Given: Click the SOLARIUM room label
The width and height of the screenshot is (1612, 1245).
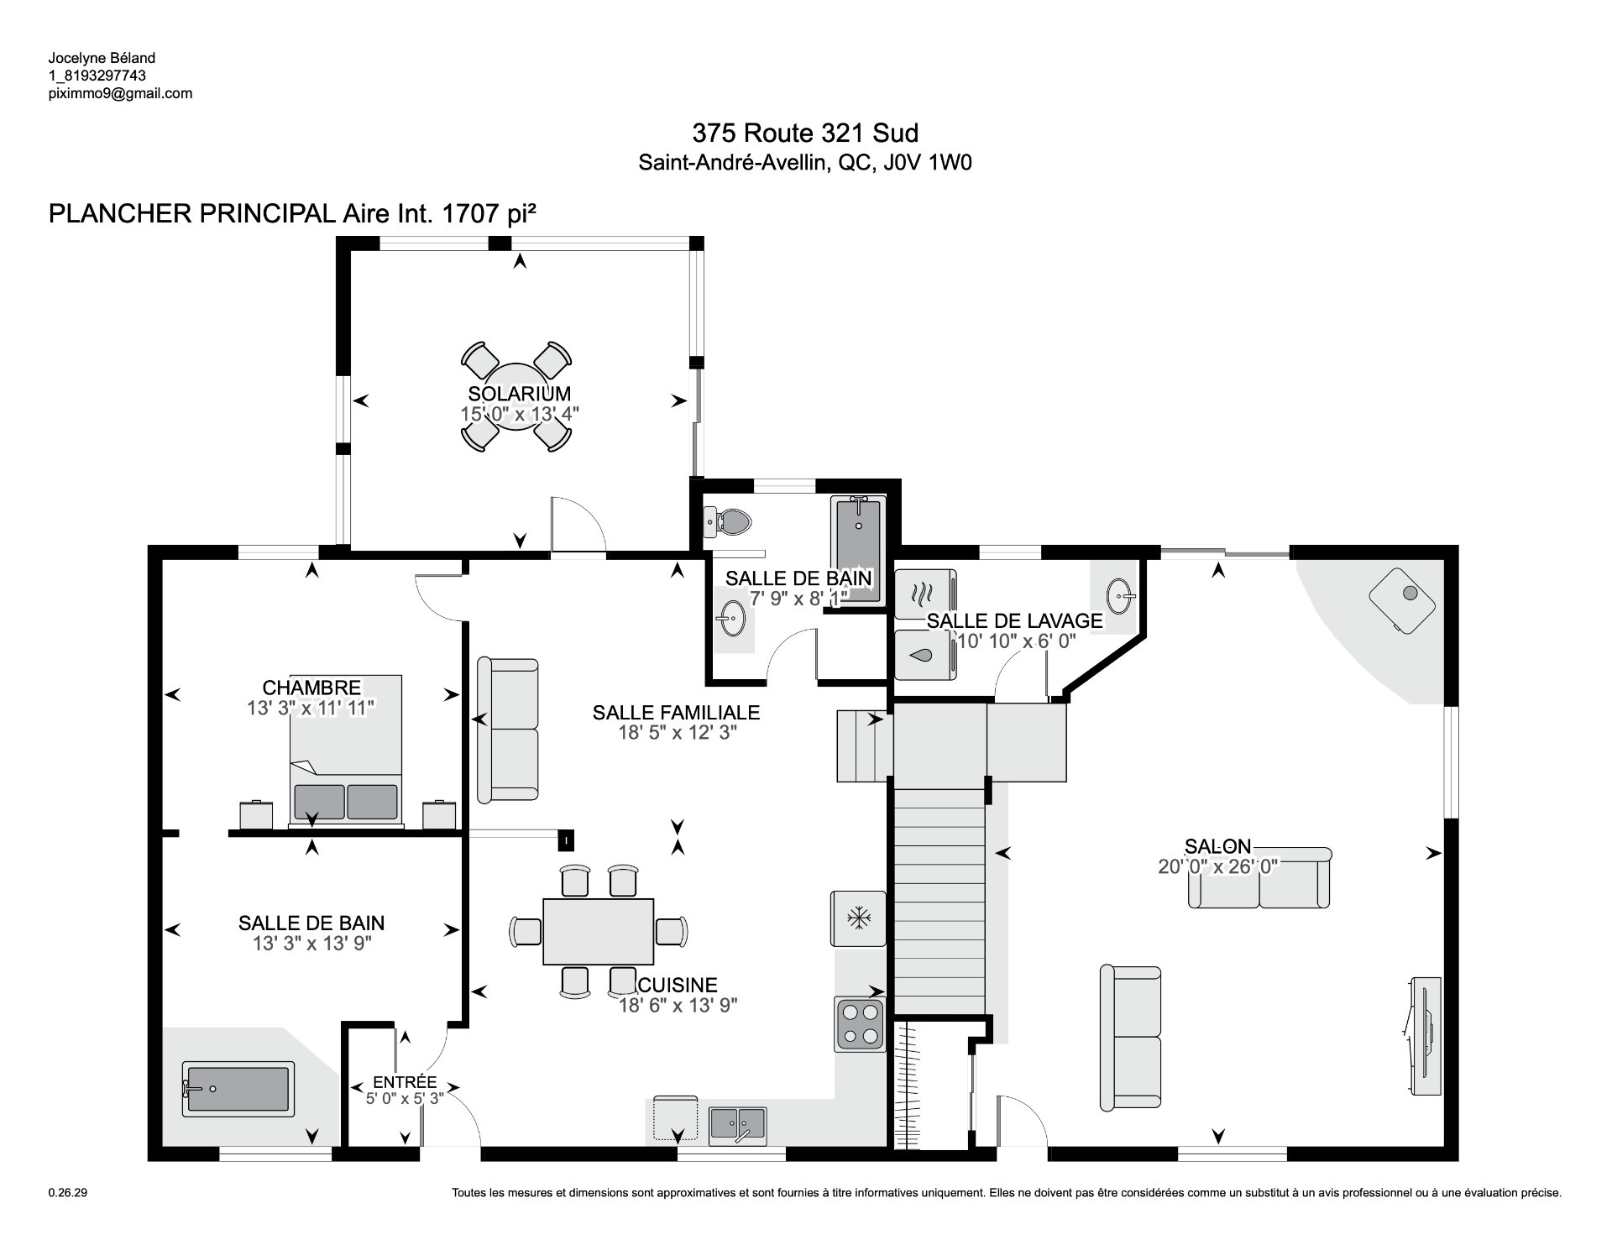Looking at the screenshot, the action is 519,393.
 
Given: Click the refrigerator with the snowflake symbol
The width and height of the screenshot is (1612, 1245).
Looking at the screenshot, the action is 858,918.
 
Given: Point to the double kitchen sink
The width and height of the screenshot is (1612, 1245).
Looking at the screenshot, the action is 737,1126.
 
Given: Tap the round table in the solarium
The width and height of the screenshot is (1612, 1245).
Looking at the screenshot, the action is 516,396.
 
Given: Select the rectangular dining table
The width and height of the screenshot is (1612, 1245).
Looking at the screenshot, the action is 598,932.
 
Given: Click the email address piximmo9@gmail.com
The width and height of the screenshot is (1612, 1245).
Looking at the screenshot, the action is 120,94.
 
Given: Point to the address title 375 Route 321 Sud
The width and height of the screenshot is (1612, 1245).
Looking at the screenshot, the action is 805,133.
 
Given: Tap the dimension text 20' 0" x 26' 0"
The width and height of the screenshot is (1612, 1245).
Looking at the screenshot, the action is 1217,866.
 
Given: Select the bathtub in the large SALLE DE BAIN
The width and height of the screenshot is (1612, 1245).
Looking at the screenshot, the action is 239,1090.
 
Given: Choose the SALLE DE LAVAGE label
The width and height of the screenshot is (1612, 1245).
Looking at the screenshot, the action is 1014,620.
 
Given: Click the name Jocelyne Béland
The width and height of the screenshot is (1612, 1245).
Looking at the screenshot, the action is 90,58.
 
